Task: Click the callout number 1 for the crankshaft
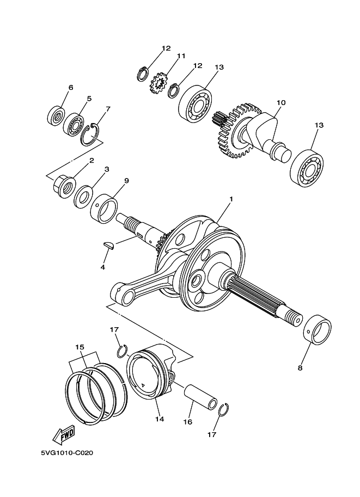231,199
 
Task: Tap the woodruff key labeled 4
109,246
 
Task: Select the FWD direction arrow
64,435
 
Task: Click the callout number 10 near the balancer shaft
281,102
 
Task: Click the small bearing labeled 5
74,124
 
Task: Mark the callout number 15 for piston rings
80,347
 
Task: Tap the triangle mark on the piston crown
143,385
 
